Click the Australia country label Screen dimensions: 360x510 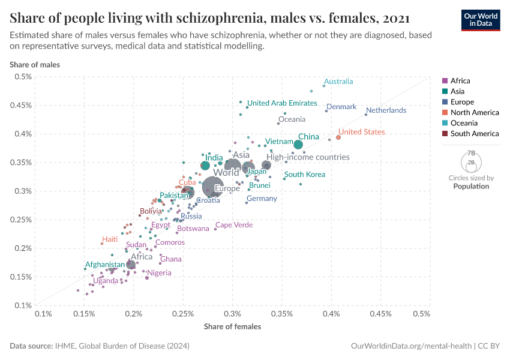(x=338, y=82)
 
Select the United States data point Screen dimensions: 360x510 (x=338, y=137)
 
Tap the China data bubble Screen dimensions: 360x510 (x=298, y=145)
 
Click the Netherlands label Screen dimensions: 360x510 (x=386, y=110)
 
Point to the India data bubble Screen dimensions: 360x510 (x=205, y=166)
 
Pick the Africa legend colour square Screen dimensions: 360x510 (x=445, y=81)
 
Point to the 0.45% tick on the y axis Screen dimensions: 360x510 (x=22, y=105)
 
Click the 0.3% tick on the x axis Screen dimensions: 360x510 (x=232, y=314)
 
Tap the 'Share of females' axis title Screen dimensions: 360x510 (x=232, y=326)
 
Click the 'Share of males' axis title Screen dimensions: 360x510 (x=34, y=64)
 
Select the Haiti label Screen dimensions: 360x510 (x=110, y=239)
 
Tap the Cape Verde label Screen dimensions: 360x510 (x=234, y=225)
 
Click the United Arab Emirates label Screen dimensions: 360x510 (x=282, y=103)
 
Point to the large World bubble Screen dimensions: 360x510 (x=213, y=187)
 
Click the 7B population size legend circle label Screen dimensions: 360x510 (x=471, y=154)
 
